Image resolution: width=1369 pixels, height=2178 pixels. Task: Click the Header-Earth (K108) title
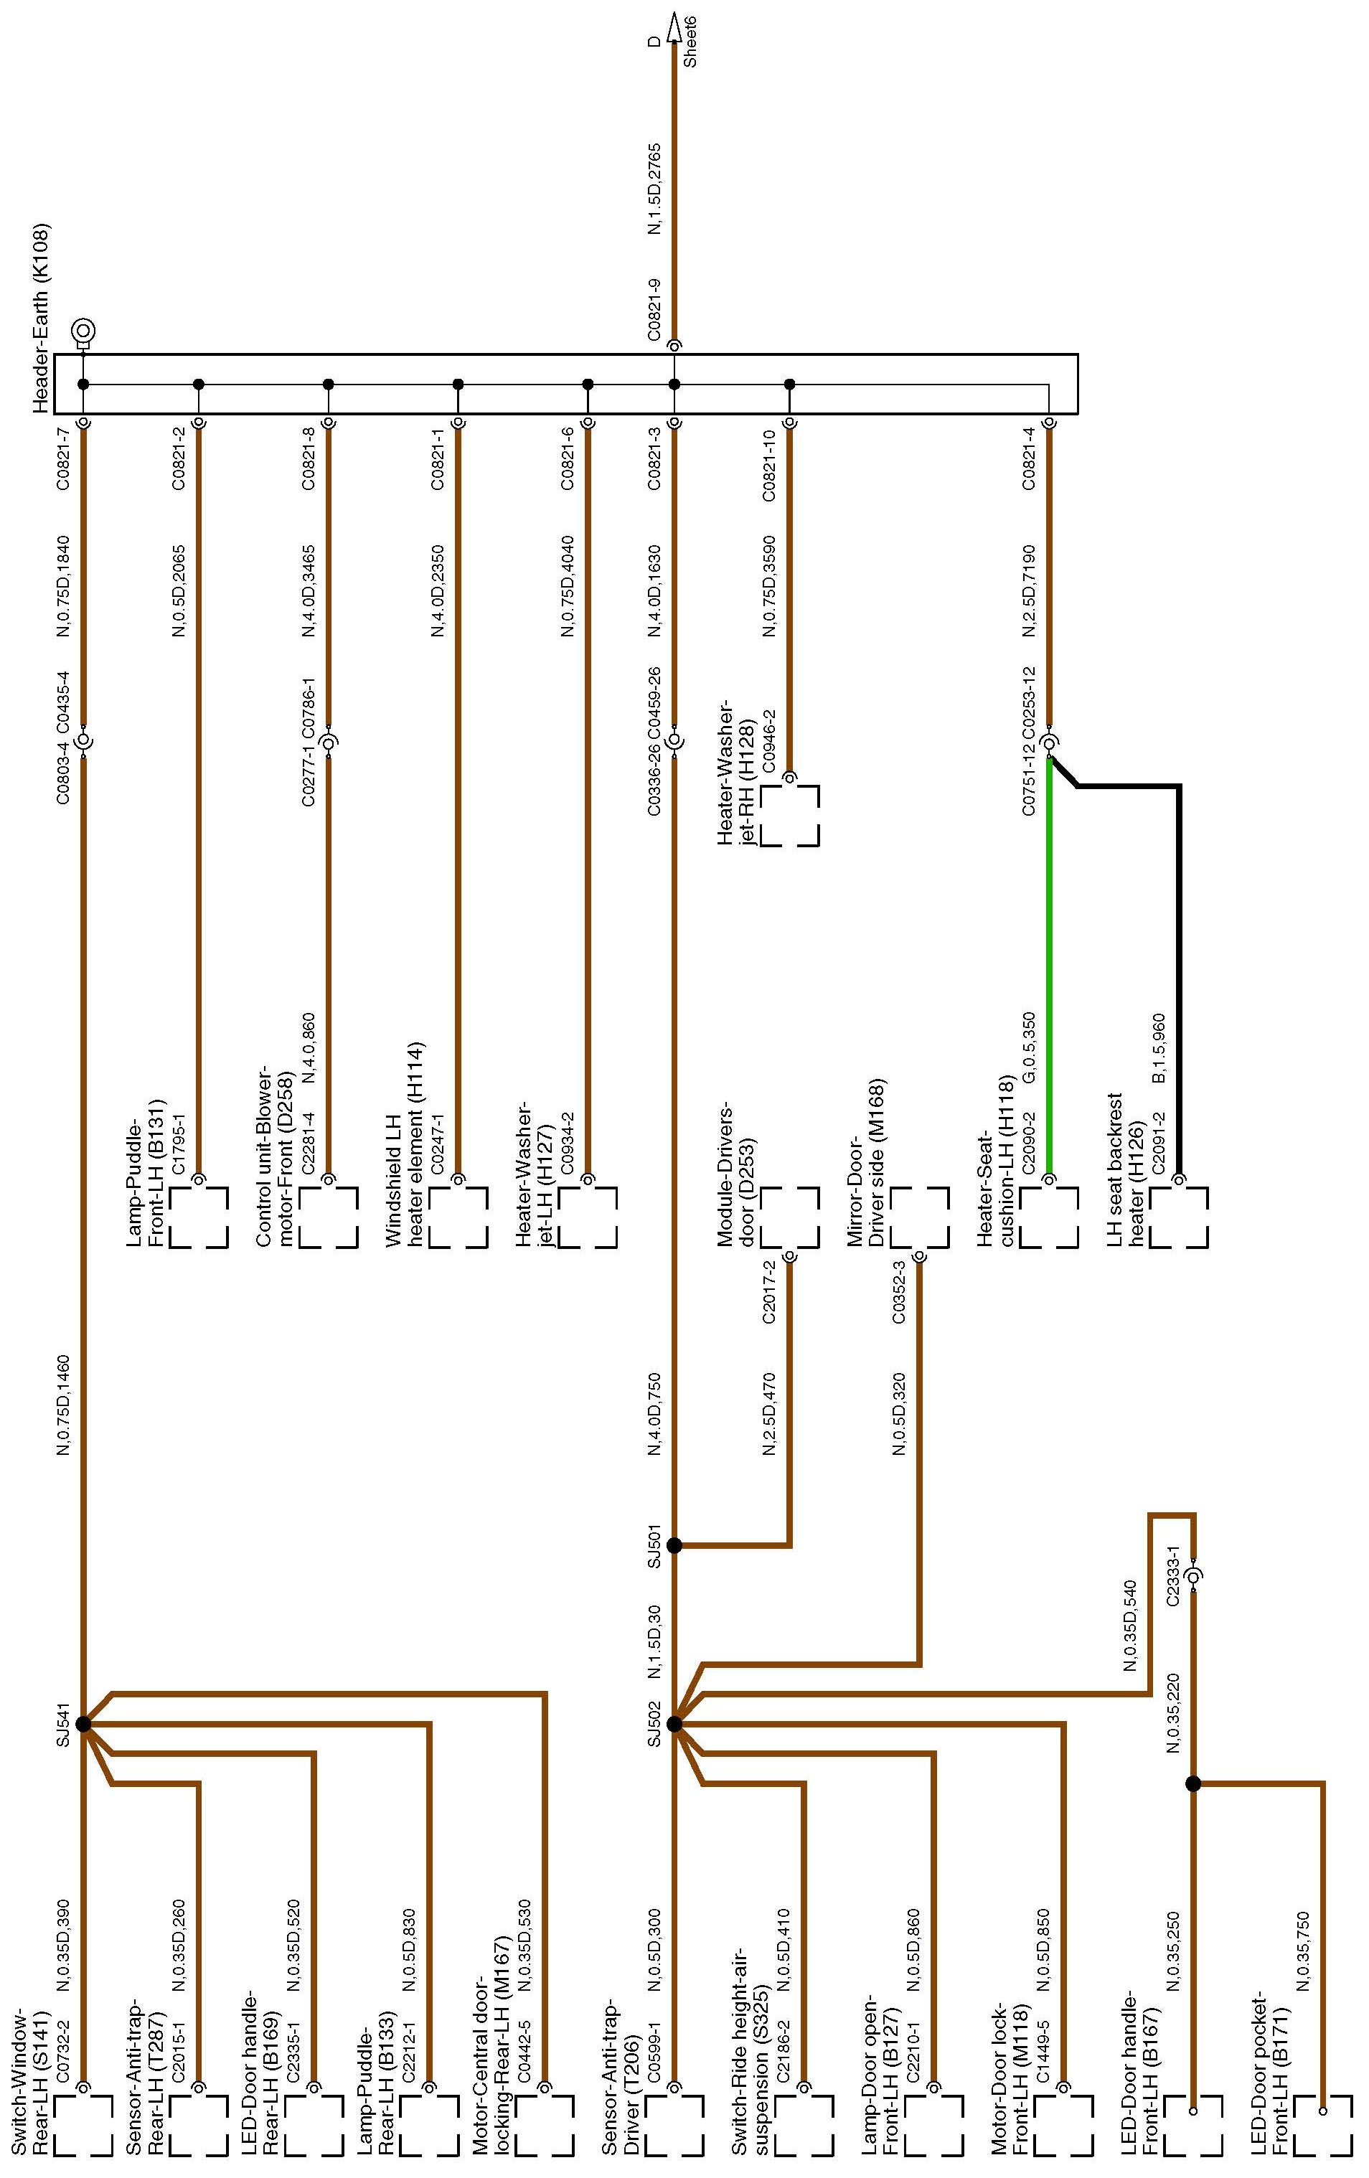pos(41,319)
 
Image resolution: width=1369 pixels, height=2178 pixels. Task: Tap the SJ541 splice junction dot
pos(83,1725)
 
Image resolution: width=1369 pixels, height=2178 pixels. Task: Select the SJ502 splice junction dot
pos(674,1725)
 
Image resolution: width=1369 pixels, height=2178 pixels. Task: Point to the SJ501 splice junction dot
pos(674,1546)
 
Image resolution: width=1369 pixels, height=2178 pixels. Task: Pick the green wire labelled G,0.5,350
pos(1049,968)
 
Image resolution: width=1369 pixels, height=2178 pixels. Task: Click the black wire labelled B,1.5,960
pos(1179,977)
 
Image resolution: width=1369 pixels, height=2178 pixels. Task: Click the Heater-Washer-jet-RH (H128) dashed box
pos(789,816)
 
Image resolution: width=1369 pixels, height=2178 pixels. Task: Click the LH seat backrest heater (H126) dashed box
pos(1179,1217)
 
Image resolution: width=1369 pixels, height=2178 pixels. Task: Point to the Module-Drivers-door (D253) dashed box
pos(789,1217)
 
